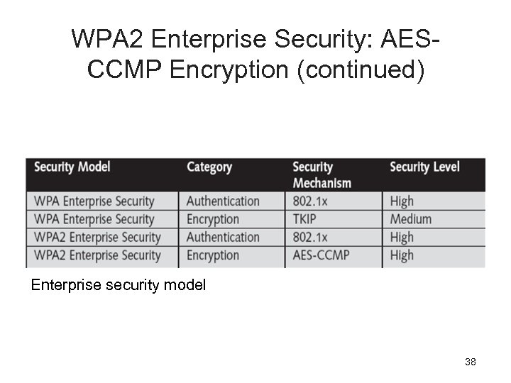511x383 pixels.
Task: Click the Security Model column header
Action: click(72, 167)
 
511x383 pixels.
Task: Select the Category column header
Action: click(209, 167)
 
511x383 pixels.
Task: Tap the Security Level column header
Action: click(424, 167)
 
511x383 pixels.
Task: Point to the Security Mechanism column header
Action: click(322, 174)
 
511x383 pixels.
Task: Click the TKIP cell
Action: click(309, 220)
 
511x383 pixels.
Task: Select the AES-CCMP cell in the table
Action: click(322, 255)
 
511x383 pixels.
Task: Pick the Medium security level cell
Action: click(411, 220)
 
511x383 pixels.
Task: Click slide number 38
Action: click(470, 362)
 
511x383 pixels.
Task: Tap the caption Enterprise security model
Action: click(119, 285)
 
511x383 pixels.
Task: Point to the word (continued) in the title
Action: click(361, 71)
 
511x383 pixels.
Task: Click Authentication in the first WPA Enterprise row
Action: click(223, 201)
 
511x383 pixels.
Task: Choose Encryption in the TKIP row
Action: click(213, 220)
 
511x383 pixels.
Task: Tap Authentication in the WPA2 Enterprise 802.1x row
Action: click(223, 238)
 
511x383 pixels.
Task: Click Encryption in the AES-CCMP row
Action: click(213, 255)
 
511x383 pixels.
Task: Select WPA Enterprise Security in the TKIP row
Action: click(94, 220)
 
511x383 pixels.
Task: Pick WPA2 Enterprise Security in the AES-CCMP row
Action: click(97, 255)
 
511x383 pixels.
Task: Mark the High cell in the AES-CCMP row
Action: click(402, 255)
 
